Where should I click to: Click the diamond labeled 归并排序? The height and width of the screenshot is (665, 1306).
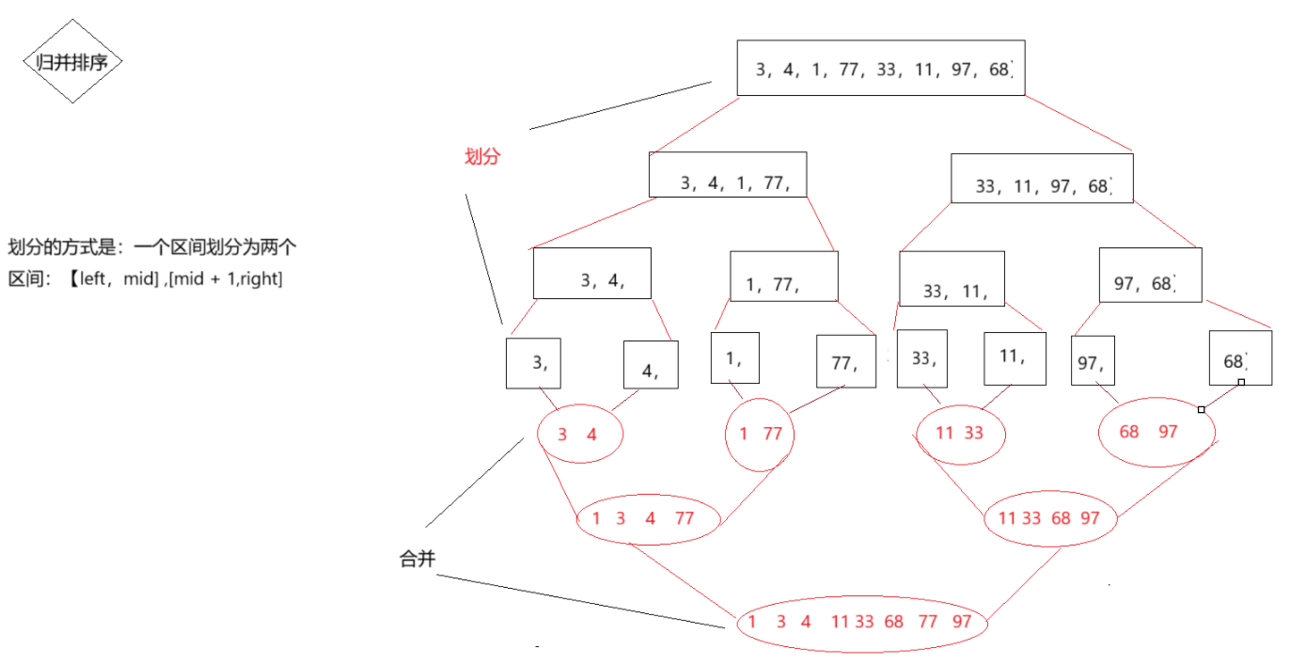[x=72, y=62]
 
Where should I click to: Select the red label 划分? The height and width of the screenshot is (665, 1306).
[x=482, y=157]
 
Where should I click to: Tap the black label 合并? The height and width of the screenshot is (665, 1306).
[x=417, y=560]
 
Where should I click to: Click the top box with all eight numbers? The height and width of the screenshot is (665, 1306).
[x=880, y=68]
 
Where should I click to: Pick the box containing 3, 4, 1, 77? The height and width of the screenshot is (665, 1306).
[x=727, y=175]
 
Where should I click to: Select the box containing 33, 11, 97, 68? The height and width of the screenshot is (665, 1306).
[x=1042, y=179]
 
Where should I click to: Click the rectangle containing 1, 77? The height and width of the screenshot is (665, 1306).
[x=783, y=277]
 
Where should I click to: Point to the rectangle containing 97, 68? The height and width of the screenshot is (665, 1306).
[x=1150, y=275]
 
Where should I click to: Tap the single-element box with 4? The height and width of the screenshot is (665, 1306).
[x=651, y=364]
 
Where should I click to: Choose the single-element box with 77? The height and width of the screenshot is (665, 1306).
[x=845, y=361]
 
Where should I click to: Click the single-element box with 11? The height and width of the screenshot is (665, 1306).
[x=1015, y=358]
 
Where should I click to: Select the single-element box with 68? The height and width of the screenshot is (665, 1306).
[x=1239, y=357]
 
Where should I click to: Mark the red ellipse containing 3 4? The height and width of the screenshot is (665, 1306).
[x=580, y=435]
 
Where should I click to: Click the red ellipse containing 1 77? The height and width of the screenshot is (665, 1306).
[x=760, y=435]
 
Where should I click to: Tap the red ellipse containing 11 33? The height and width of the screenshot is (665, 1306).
[x=961, y=435]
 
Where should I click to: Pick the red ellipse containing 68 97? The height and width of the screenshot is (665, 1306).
[x=1157, y=433]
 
